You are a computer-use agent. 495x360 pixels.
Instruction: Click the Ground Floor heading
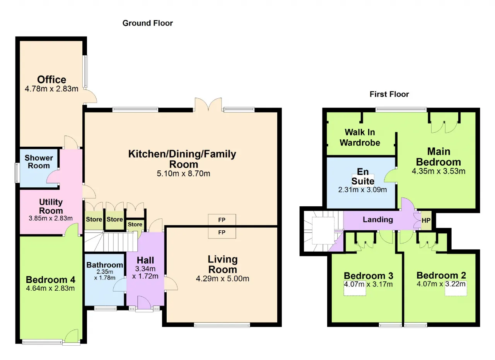tap(148, 23)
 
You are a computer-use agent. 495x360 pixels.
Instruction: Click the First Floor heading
tap(389, 94)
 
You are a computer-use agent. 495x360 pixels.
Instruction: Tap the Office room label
tap(51, 80)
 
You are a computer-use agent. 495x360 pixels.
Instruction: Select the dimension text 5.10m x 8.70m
tap(183, 173)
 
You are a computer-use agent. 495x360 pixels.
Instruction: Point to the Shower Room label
tap(39, 162)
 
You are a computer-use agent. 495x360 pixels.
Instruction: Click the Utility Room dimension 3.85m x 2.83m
tap(51, 218)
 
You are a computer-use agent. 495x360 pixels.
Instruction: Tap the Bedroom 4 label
tap(50, 280)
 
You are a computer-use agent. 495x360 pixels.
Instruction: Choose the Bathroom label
tap(104, 265)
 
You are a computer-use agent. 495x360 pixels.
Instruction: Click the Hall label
tap(145, 260)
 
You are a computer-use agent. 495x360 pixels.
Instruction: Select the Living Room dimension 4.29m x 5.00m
tap(222, 278)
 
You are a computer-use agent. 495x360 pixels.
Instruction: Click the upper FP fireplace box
tap(222, 220)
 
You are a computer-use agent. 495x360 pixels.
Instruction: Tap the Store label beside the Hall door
tap(135, 224)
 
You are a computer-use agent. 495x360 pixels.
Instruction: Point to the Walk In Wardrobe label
tap(360, 137)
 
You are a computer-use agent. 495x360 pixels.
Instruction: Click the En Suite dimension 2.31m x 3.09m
tap(362, 190)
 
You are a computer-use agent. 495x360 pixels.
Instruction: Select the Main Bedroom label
tap(439, 157)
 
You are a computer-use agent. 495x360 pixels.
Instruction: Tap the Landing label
tap(378, 219)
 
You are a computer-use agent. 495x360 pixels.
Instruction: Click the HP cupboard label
tap(426, 221)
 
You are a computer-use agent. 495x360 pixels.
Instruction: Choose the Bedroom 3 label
tap(369, 276)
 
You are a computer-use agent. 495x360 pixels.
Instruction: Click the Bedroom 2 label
tap(441, 275)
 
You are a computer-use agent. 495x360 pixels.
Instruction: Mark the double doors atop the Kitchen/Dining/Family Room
tap(208, 105)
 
